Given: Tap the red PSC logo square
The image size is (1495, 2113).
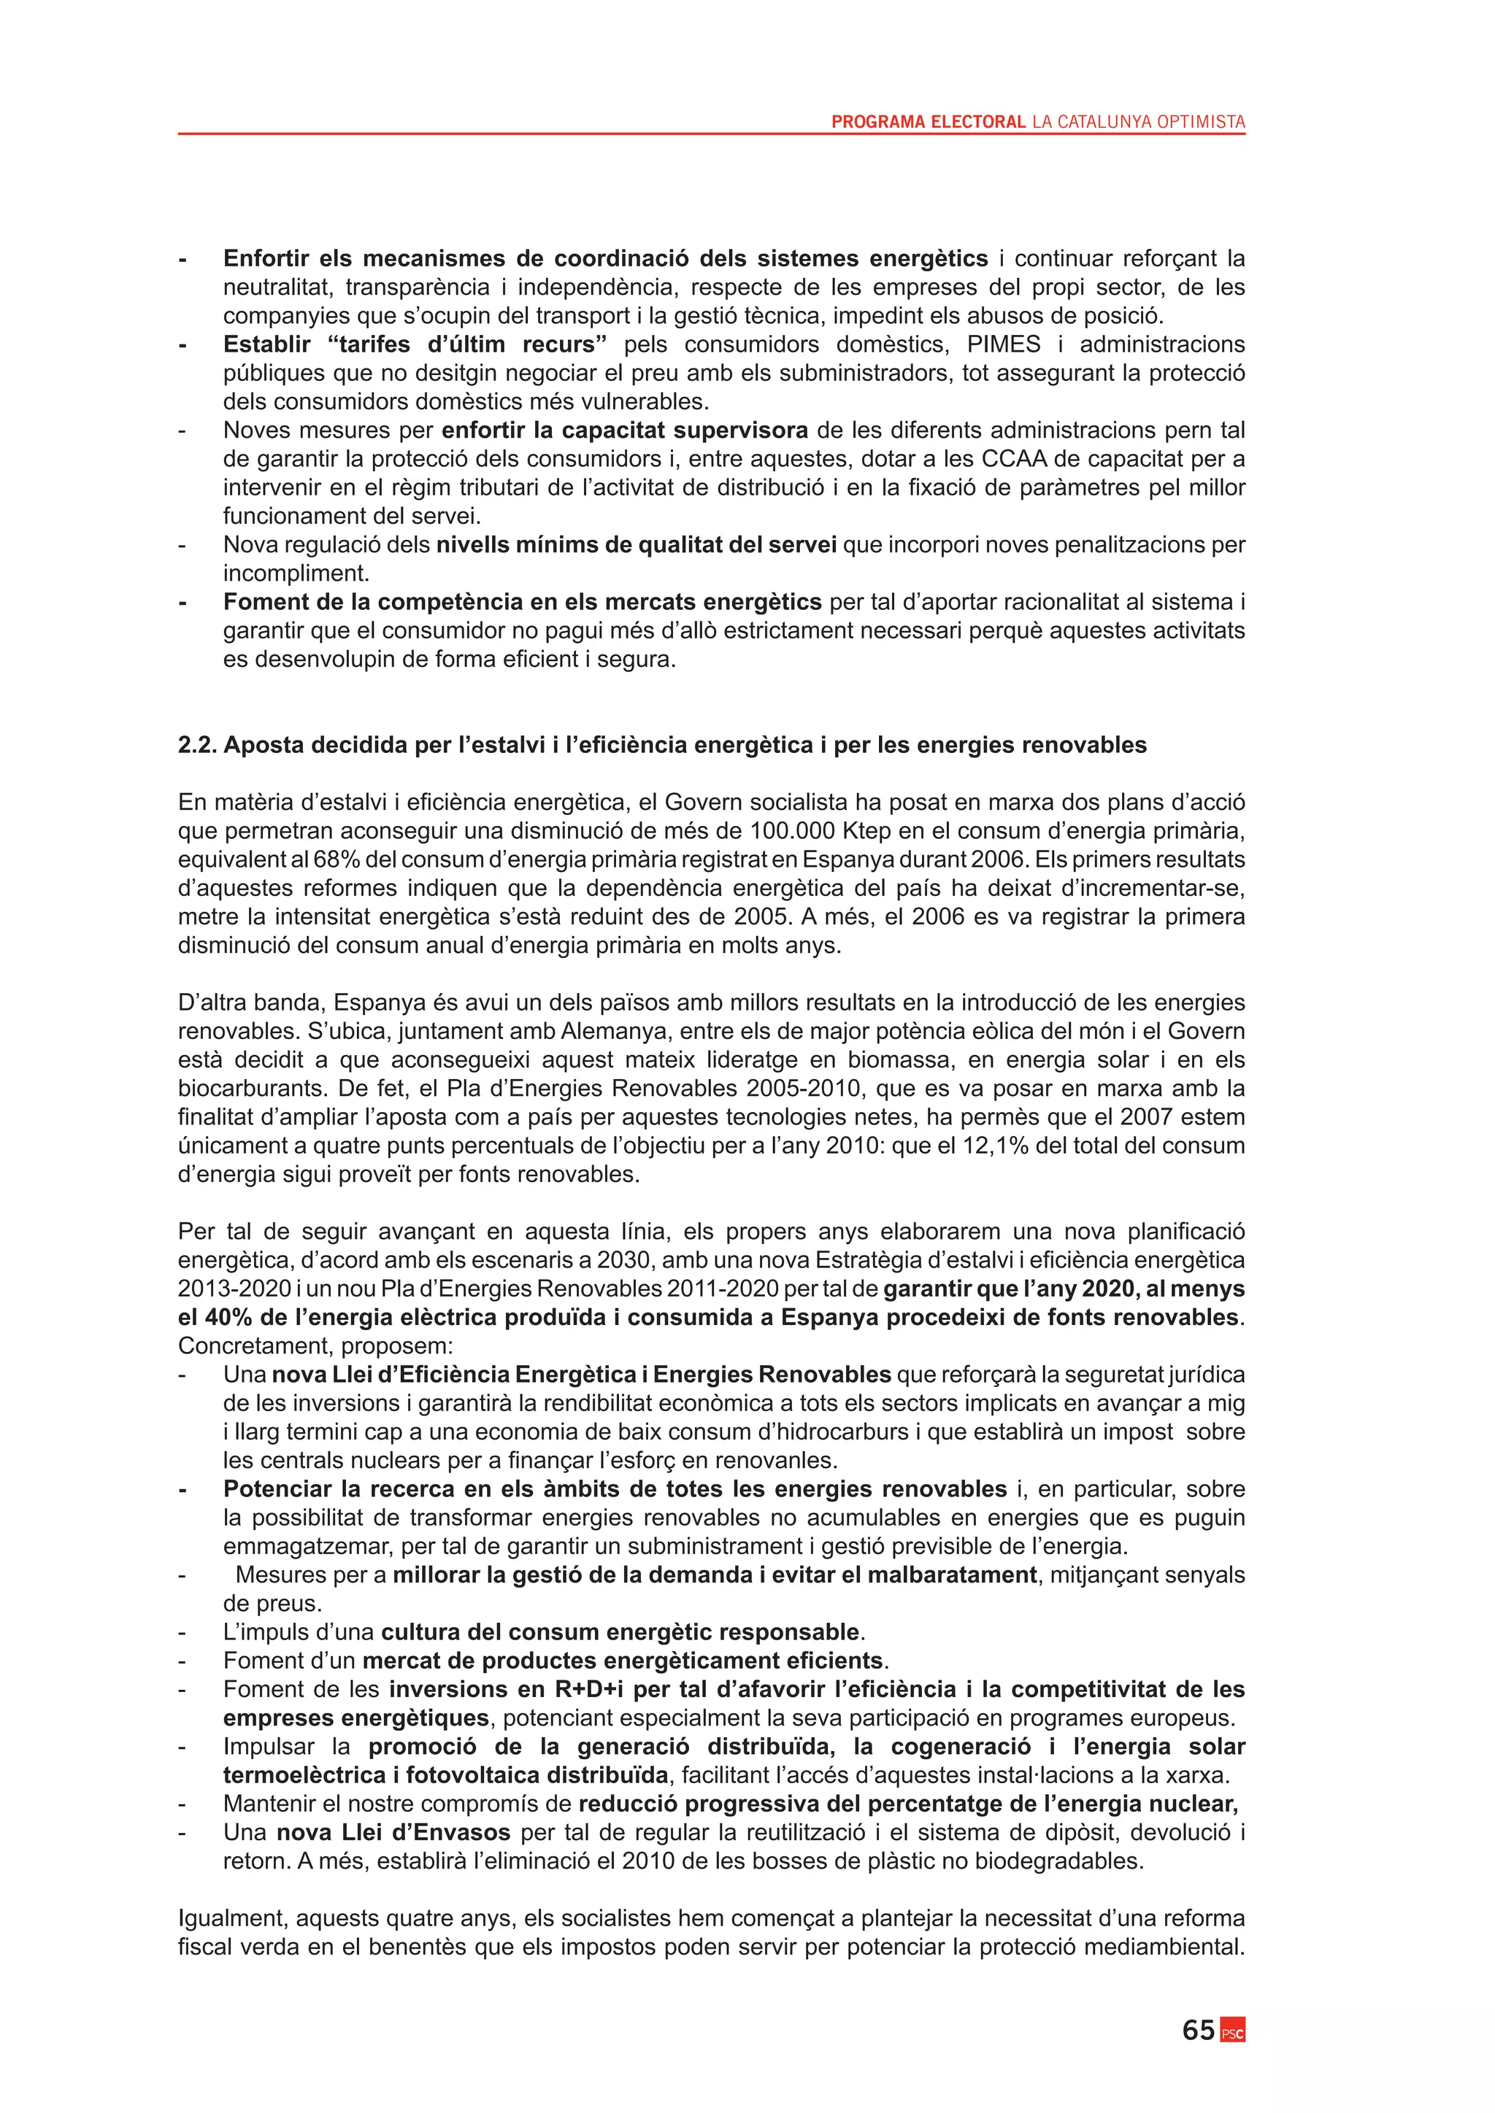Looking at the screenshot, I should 1233,2031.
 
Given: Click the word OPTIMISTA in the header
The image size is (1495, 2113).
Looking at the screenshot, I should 1198,121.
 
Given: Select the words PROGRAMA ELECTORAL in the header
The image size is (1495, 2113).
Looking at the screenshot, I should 928,121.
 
